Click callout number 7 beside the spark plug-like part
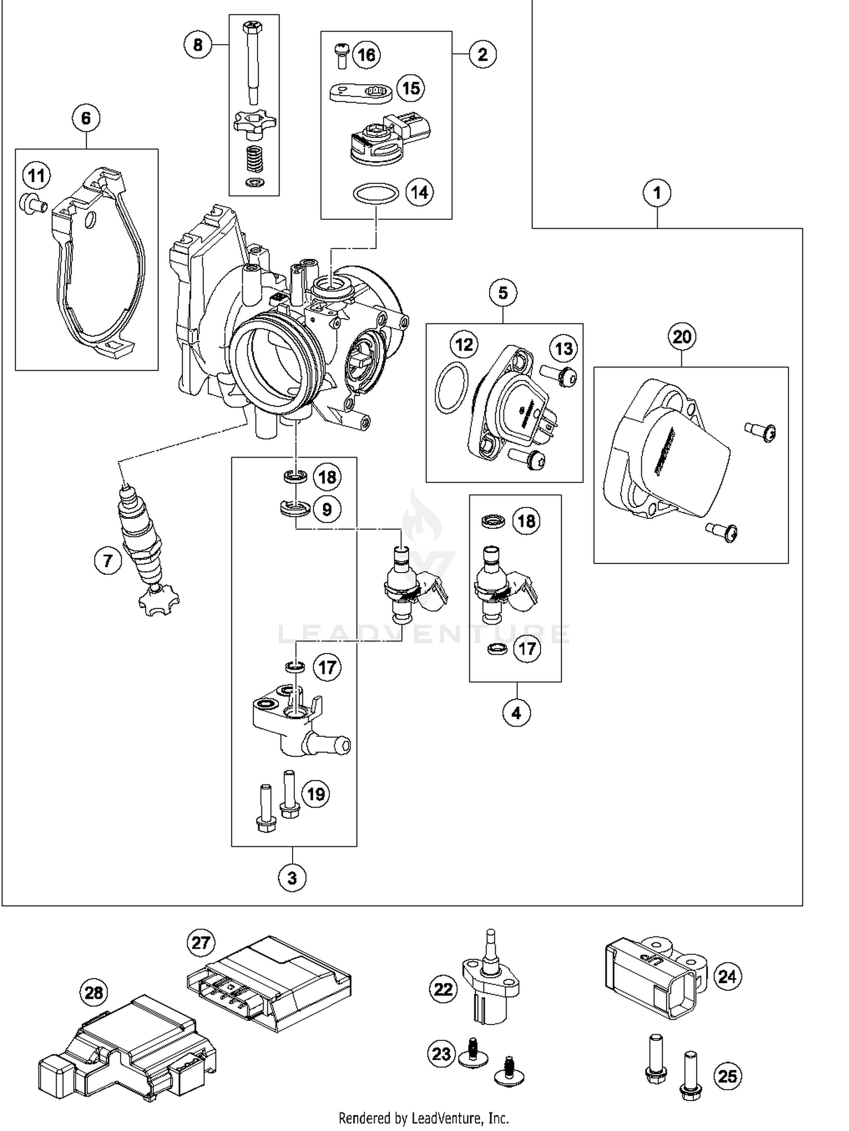point(108,561)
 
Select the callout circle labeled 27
point(200,943)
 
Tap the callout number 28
point(94,992)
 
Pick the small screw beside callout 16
point(341,55)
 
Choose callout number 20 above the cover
point(681,337)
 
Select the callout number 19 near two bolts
point(316,793)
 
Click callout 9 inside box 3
point(327,509)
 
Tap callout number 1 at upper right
point(657,193)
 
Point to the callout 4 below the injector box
point(516,712)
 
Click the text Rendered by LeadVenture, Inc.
point(423,1118)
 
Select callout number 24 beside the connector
point(727,976)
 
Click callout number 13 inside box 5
point(564,349)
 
